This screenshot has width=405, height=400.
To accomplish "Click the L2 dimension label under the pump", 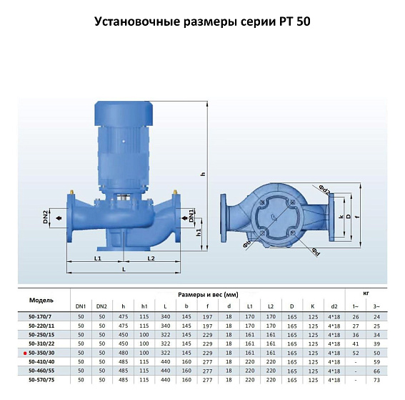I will [151, 258].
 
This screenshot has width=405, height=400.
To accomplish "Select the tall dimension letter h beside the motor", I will [203, 174].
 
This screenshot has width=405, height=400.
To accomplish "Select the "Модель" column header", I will [41, 300].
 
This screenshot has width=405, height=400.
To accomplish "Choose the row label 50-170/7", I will [42, 316].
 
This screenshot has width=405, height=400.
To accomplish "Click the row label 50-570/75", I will [42, 380].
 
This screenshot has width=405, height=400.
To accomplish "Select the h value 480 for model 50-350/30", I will [124, 353].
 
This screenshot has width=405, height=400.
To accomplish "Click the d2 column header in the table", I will [334, 306].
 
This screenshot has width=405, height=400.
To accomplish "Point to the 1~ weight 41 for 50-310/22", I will [356, 343].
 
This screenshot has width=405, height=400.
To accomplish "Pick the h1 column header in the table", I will [144, 306].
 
